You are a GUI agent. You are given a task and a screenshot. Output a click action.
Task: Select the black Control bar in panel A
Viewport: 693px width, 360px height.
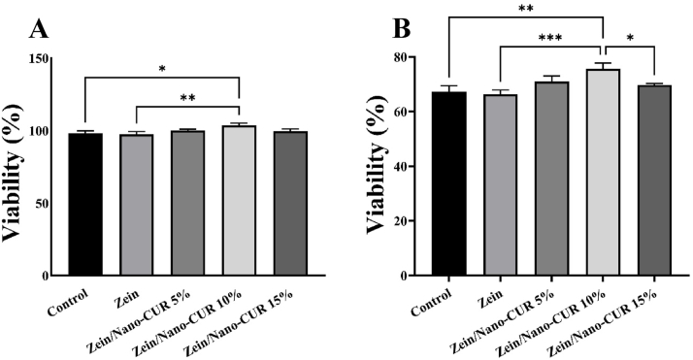pos(86,204)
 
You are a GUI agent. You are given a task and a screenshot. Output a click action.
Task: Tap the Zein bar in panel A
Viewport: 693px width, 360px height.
pos(137,205)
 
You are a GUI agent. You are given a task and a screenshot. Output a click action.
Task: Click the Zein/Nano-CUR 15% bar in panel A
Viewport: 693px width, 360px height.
pos(289,203)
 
